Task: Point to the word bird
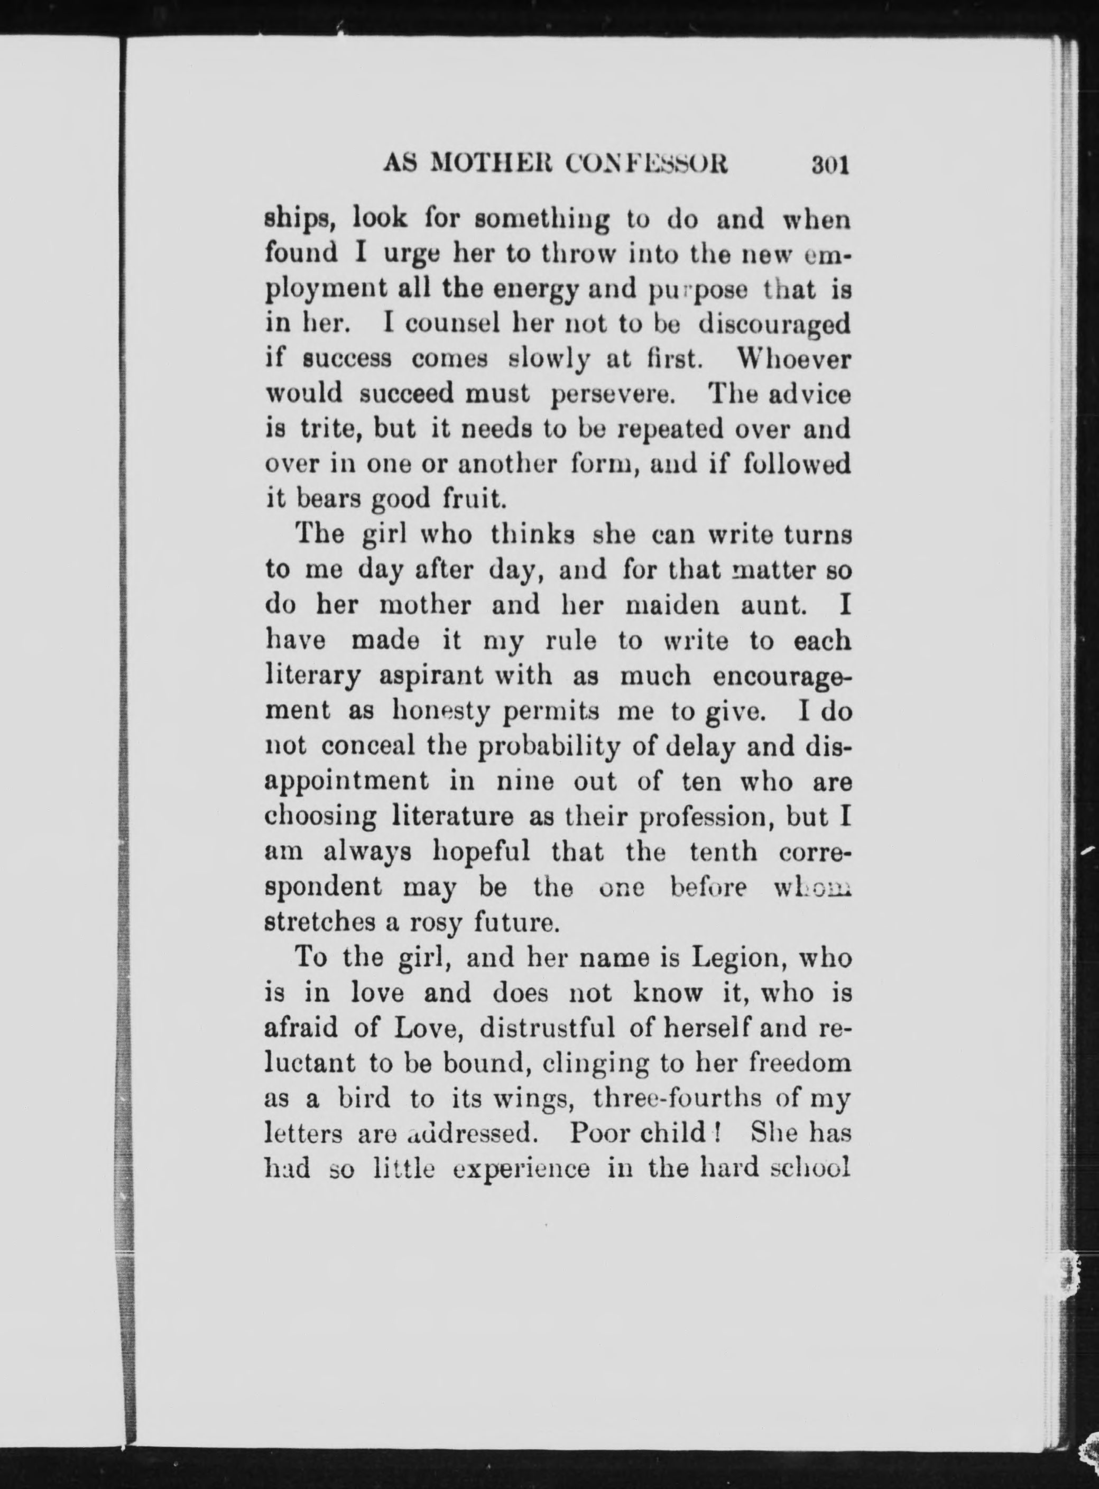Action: coord(363,1098)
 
